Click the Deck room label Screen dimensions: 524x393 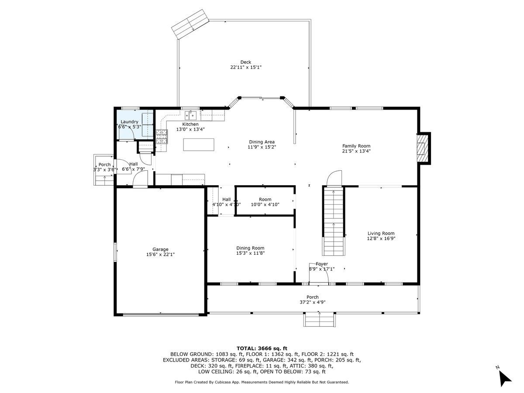tap(246, 62)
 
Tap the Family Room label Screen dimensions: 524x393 tap(356, 146)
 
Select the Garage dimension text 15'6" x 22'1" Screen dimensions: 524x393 tap(160, 255)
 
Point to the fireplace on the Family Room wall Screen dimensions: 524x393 tap(424, 148)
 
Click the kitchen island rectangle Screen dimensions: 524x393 tap(199, 145)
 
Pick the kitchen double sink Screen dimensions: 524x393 tap(190, 115)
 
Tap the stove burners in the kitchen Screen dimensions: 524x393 tap(162, 137)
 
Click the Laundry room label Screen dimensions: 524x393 tap(129, 122)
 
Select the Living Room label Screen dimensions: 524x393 tap(381, 233)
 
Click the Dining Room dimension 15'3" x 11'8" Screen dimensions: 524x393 tap(250, 253)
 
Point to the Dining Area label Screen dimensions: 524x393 tap(262, 142)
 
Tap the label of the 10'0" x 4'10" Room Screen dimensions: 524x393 tap(265, 199)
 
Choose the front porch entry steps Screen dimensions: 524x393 tap(319, 320)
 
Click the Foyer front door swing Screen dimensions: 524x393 tap(319, 274)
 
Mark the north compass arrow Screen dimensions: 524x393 tap(505, 379)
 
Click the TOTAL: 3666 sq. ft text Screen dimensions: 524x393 tap(262, 348)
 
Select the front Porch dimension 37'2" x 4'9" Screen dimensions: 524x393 tap(313, 302)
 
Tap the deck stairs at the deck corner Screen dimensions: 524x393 tap(190, 24)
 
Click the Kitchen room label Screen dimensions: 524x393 tap(190, 124)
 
